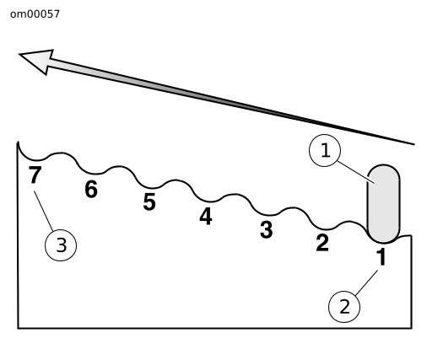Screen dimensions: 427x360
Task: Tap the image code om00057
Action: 35,14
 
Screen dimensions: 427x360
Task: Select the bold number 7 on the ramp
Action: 35,175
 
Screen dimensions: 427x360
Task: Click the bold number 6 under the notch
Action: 91,189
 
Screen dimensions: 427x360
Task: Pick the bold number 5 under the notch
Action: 149,201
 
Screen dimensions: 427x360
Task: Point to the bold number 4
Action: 206,216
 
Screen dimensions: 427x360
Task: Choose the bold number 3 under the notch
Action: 266,229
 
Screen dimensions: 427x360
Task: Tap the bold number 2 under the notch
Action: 322,243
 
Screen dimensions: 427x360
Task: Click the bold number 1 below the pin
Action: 381,256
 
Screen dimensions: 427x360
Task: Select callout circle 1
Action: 325,150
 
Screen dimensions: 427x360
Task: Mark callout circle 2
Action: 344,306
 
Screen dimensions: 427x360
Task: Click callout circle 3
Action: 61,245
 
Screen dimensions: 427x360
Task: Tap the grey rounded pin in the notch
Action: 383,204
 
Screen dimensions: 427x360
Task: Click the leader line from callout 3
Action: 44,211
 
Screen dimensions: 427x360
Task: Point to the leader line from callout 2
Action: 366,282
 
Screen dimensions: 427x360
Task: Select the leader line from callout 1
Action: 356,172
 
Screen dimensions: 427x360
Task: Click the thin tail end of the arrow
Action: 414,144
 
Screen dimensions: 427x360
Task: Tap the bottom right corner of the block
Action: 412,328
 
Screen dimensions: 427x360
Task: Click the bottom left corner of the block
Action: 18,328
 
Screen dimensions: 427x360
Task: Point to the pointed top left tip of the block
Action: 18,142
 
